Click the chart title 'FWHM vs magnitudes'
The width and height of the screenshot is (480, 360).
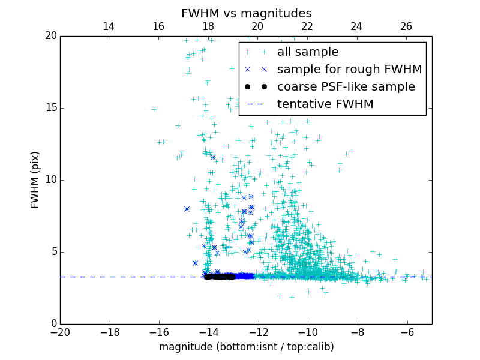pos(246,13)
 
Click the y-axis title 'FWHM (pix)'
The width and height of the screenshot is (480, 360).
pos(35,179)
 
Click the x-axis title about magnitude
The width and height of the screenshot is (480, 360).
pos(246,347)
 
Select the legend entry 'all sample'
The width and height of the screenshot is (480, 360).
pos(308,52)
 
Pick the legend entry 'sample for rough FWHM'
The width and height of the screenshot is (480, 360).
pos(349,70)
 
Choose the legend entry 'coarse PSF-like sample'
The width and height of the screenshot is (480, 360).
pos(346,87)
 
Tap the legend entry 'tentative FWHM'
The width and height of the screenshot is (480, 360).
pos(325,104)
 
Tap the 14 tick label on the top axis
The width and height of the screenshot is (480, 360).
pos(109,26)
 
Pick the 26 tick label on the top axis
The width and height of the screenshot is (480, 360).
pos(406,26)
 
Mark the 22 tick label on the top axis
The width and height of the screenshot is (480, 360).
pos(307,26)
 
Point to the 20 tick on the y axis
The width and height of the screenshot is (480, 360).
pos(50,36)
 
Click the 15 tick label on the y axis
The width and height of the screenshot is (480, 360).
pos(50,108)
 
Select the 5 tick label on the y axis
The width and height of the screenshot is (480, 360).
pos(53,252)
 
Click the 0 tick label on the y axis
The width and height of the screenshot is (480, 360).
pos(53,324)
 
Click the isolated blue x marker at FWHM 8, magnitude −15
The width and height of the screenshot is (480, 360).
pos(187,209)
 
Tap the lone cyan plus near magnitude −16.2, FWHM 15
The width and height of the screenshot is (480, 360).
pos(154,109)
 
